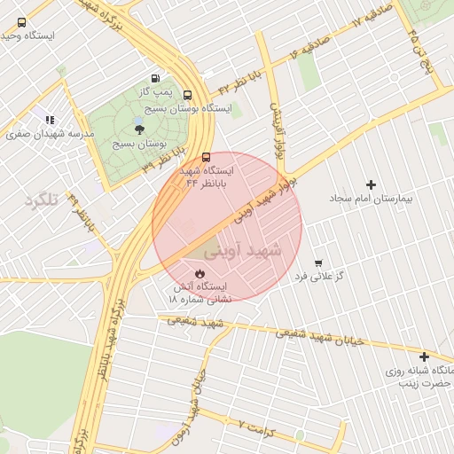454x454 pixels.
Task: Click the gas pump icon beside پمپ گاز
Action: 157,79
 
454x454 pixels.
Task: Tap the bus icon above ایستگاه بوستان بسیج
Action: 187,95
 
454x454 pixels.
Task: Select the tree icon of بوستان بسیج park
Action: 139,129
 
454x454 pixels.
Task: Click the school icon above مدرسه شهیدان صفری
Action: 51,120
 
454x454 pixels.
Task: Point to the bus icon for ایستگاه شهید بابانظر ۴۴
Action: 207,157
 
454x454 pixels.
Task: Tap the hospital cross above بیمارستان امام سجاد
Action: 371,184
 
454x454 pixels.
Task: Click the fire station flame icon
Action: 200,274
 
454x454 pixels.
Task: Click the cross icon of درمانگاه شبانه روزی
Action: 425,356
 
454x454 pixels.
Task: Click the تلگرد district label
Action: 41,200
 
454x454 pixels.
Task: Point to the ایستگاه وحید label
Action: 28,36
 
